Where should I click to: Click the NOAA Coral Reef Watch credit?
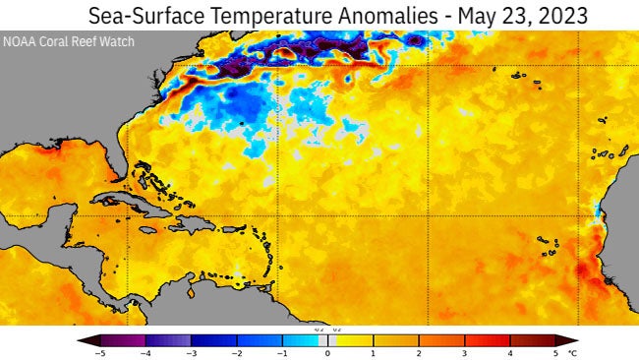(69, 42)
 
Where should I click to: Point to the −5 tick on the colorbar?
(99, 352)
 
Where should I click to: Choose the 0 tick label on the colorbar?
(327, 352)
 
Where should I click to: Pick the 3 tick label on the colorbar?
(464, 352)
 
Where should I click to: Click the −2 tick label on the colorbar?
(236, 352)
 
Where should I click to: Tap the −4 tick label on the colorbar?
(145, 352)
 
